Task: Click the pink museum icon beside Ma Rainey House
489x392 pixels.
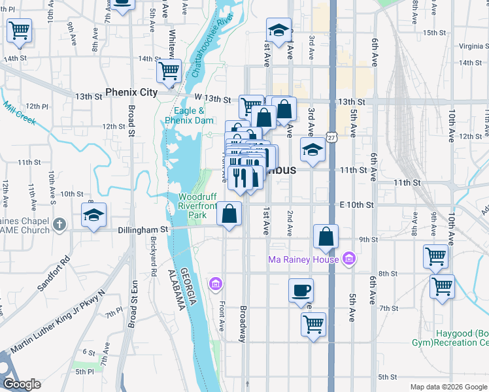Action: (348, 259)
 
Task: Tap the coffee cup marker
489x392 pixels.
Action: (301, 290)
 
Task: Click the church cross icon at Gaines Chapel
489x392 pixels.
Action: (59, 224)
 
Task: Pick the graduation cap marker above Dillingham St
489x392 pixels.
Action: (94, 215)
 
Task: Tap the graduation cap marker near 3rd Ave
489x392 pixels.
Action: (312, 150)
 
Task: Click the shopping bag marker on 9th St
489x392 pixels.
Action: (326, 237)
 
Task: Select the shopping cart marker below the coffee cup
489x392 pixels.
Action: (314, 323)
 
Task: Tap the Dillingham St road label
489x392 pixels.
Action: (143, 230)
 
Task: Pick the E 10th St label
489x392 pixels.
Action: (356, 204)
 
